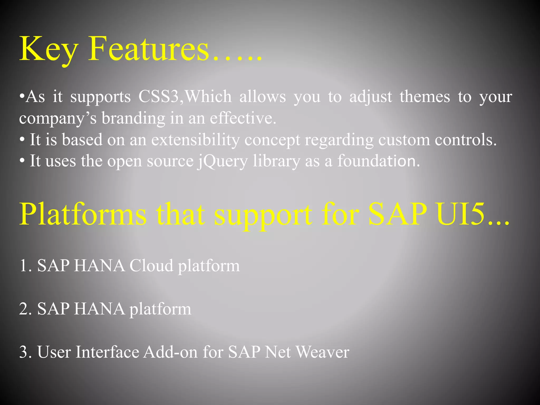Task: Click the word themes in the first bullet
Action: pyautogui.click(x=425, y=97)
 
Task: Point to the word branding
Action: pyautogui.click(x=133, y=118)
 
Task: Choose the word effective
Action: pyautogui.click(x=243, y=118)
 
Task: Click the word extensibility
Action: pyautogui.click(x=195, y=140)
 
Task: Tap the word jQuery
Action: pyautogui.click(x=223, y=161)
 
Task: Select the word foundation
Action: pyautogui.click(x=378, y=161)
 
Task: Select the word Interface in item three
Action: pyautogui.click(x=107, y=352)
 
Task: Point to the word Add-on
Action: pyautogui.click(x=170, y=352)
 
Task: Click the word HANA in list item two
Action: pyautogui.click(x=99, y=309)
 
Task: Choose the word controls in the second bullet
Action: pyautogui.click(x=465, y=140)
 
